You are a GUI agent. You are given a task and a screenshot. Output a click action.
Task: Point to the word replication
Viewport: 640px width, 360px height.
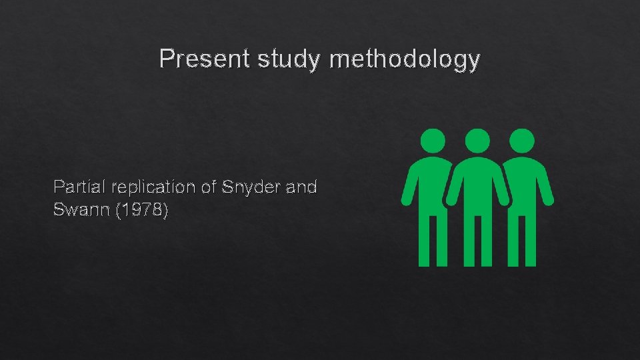[149, 187]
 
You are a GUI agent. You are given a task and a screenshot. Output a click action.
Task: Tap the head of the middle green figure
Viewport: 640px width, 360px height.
[477, 141]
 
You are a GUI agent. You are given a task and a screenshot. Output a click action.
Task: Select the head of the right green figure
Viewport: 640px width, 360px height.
[521, 141]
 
